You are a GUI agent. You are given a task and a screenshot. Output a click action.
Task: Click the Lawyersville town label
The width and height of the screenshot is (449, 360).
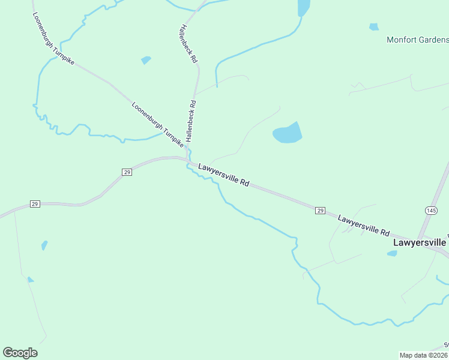(419, 243)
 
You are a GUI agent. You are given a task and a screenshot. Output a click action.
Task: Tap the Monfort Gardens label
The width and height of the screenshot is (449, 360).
(417, 41)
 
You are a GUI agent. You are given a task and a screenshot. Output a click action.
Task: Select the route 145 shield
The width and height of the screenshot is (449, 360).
(431, 210)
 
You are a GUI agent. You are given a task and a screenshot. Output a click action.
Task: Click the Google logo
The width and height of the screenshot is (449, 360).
(20, 353)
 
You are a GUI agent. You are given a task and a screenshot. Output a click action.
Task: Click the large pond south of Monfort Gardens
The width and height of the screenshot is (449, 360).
(287, 134)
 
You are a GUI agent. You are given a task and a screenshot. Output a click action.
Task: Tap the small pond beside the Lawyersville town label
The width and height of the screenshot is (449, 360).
(392, 253)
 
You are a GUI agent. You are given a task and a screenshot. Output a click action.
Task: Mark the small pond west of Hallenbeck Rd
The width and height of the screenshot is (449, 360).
(146, 60)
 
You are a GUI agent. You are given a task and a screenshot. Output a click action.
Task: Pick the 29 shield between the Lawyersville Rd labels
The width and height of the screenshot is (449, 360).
(321, 210)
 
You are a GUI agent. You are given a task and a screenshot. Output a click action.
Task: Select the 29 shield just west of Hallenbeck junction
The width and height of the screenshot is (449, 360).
(127, 172)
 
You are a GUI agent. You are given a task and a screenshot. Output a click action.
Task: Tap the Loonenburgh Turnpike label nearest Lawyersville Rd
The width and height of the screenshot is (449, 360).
(157, 125)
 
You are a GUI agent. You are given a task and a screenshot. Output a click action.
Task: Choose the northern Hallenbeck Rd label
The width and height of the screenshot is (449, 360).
(188, 44)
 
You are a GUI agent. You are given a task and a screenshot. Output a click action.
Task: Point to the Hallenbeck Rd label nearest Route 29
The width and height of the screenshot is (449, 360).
(191, 121)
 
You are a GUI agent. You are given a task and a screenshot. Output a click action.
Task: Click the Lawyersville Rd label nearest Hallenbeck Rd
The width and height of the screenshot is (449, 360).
(223, 175)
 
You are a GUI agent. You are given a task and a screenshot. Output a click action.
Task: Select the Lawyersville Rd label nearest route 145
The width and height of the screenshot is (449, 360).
(363, 225)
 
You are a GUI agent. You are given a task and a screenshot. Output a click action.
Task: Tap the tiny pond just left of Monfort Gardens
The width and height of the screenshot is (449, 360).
(374, 27)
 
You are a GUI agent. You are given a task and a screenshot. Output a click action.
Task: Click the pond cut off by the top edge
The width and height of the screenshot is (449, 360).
(304, 7)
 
